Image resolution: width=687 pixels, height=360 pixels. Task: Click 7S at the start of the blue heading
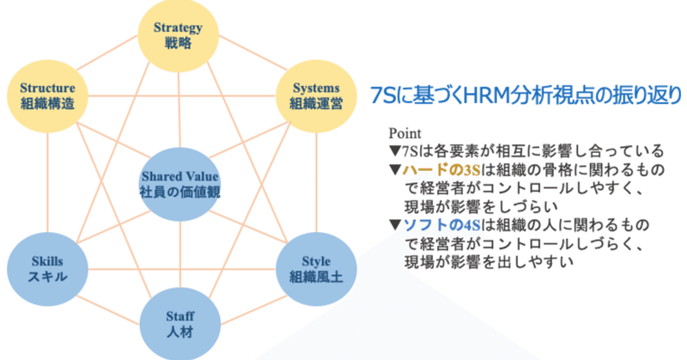[383, 95]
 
